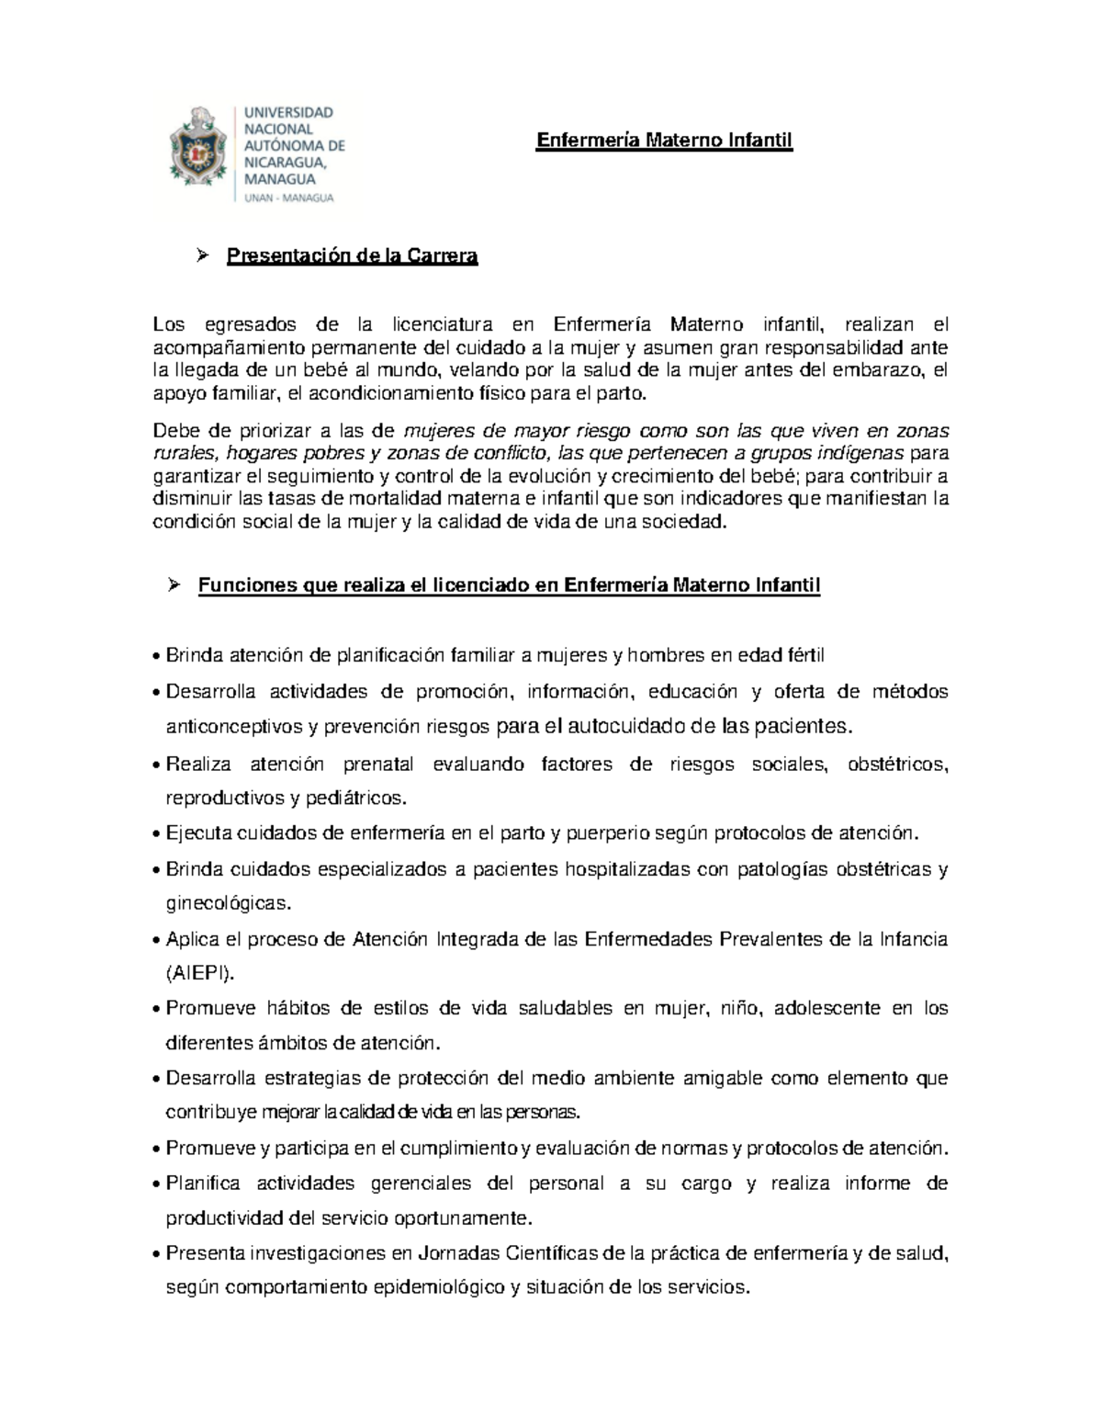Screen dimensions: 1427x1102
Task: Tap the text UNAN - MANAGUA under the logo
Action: tap(288, 198)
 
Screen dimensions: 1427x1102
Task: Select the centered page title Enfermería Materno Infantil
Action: tap(664, 141)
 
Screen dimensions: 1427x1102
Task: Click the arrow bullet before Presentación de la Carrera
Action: tap(204, 255)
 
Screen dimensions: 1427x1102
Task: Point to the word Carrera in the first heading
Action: tap(444, 256)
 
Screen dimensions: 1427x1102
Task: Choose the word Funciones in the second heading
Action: tap(242, 586)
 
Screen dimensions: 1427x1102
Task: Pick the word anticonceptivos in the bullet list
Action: tap(233, 727)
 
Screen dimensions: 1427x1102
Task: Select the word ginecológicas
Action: tap(227, 903)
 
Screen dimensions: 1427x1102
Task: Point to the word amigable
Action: tap(721, 1078)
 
